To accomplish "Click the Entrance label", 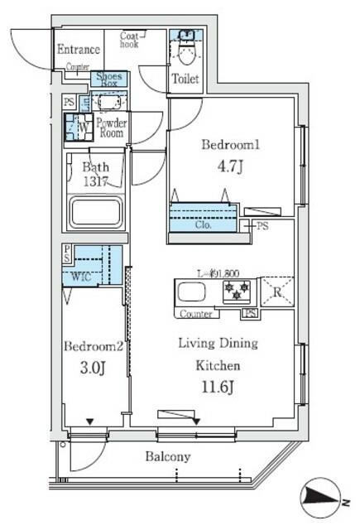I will pyautogui.click(x=79, y=50).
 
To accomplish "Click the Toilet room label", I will pyautogui.click(x=185, y=79).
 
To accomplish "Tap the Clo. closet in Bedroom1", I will pyautogui.click(x=203, y=223).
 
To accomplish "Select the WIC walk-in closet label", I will pyautogui.click(x=81, y=277).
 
